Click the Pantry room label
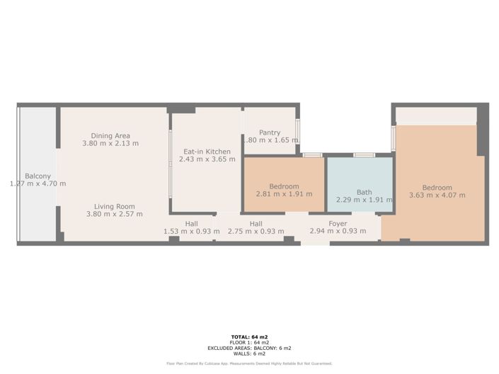pyautogui.click(x=270, y=132)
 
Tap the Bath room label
pyautogui.click(x=364, y=192)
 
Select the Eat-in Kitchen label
pyautogui.click(x=207, y=152)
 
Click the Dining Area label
pyautogui.click(x=110, y=136)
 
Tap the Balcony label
pyautogui.click(x=38, y=176)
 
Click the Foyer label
pyautogui.click(x=338, y=223)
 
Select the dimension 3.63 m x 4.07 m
pyautogui.click(x=437, y=195)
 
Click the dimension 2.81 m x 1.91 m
pyautogui.click(x=284, y=194)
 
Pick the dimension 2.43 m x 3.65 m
pyautogui.click(x=207, y=159)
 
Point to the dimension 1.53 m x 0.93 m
pyautogui.click(x=191, y=231)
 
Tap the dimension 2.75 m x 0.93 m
pyautogui.click(x=256, y=231)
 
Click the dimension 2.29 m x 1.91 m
pyautogui.click(x=364, y=200)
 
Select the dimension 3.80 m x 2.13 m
pyautogui.click(x=110, y=143)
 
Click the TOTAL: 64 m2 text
pyautogui.click(x=249, y=337)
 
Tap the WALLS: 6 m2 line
pyautogui.click(x=249, y=353)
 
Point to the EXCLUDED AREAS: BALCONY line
pyautogui.click(x=249, y=348)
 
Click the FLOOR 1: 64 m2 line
pyautogui.click(x=249, y=342)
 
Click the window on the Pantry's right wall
pyautogui.click(x=297, y=130)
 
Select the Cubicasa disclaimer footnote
pyautogui.click(x=249, y=363)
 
